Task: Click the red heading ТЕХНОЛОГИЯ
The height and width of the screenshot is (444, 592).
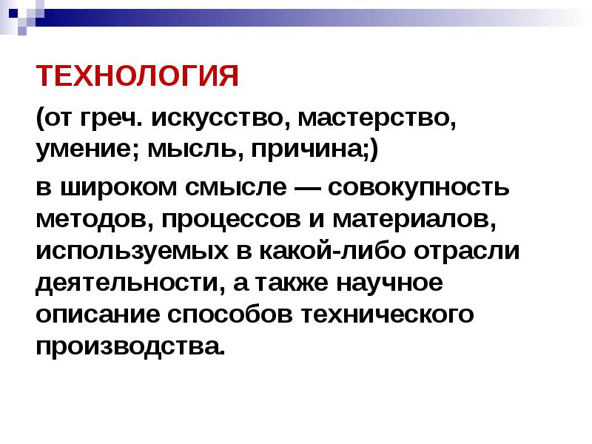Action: pyautogui.click(x=137, y=76)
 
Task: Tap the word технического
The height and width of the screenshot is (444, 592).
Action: pyautogui.click(x=387, y=315)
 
